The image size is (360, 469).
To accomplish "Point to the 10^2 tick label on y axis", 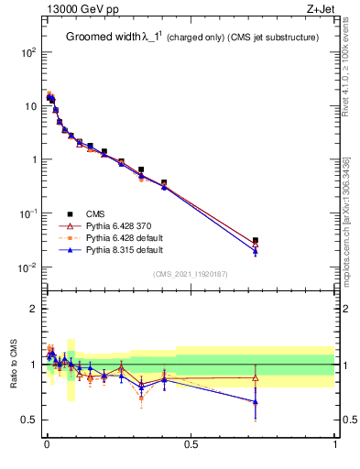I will [x=27, y=52].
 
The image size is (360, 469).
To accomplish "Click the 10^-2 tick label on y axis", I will [x=27, y=267].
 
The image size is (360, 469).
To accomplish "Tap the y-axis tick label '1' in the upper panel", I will [x=32, y=159].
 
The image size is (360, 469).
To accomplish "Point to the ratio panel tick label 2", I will [x=32, y=309].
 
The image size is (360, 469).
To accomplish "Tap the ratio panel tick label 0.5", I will [x=27, y=420].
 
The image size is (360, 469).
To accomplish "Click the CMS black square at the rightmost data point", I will [x=256, y=241].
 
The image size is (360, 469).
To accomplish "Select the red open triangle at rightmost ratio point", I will [x=256, y=377].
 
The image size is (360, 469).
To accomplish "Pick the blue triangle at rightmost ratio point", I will [x=256, y=401].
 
